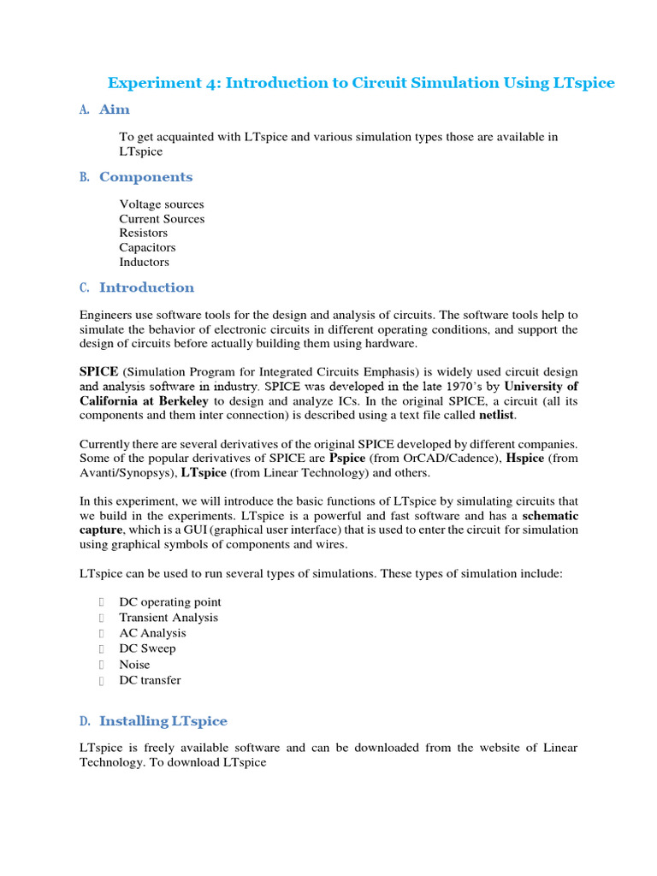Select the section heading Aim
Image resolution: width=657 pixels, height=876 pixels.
pos(115,109)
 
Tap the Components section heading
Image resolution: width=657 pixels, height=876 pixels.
pos(145,177)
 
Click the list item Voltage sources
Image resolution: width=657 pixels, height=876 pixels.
pos(162,204)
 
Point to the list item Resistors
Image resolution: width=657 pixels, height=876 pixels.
pos(144,233)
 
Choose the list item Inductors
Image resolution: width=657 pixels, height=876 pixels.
pos(144,262)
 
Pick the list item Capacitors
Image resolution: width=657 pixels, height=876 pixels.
pos(147,247)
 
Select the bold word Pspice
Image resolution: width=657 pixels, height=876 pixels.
pos(347,459)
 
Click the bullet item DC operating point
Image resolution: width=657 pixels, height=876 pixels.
pos(170,602)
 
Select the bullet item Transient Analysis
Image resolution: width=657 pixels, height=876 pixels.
pos(169,618)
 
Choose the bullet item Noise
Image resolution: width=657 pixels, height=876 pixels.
pos(134,665)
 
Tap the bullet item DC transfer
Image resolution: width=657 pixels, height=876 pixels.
pos(150,680)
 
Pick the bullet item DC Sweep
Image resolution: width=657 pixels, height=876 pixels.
pos(147,648)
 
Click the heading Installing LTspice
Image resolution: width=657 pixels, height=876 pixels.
pos(163,721)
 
